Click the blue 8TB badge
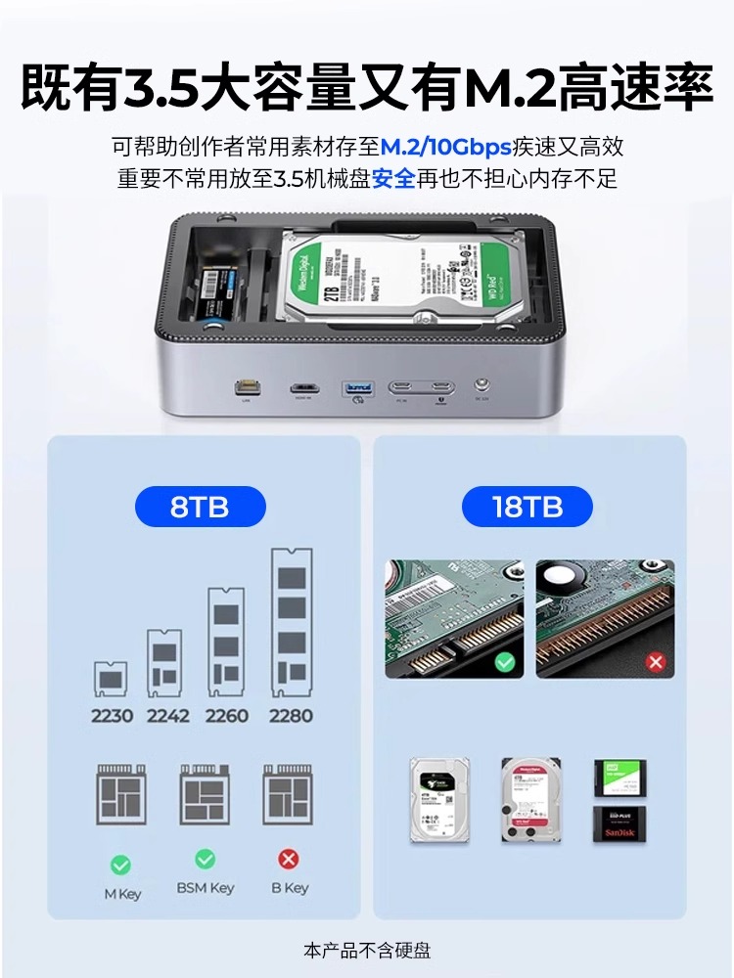coord(200,508)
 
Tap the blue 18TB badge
coord(528,508)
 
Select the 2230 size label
coord(112,716)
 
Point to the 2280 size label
coord(291,716)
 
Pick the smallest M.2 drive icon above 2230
coord(112,679)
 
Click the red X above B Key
coord(289,860)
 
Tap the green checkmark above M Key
coord(120,865)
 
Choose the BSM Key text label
coord(205,888)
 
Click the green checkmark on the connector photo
coord(504,662)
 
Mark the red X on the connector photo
coord(656,662)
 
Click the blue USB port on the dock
coord(356,389)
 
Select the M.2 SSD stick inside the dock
coord(216,290)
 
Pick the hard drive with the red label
coord(529,799)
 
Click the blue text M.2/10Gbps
coord(446,148)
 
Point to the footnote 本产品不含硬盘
coord(367,950)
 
